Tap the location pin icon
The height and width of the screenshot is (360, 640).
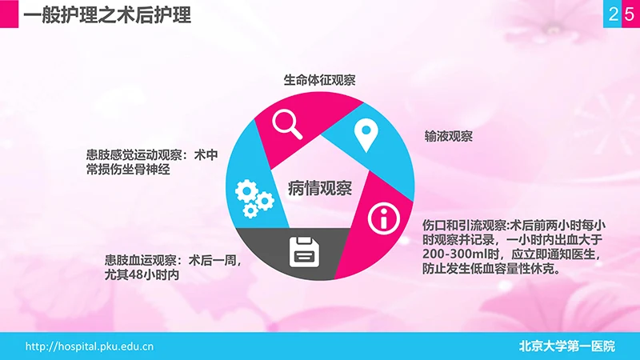click(366, 135)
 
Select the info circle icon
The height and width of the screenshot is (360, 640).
click(382, 217)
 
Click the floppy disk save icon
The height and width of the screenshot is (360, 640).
click(305, 253)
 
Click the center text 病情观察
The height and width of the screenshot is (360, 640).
click(319, 189)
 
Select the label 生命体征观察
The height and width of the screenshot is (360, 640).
click(319, 80)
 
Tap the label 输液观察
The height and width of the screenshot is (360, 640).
click(449, 136)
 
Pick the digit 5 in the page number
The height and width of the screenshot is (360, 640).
click(630, 14)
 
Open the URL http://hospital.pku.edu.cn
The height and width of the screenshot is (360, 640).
click(90, 346)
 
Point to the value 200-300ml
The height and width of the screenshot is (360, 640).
click(453, 254)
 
